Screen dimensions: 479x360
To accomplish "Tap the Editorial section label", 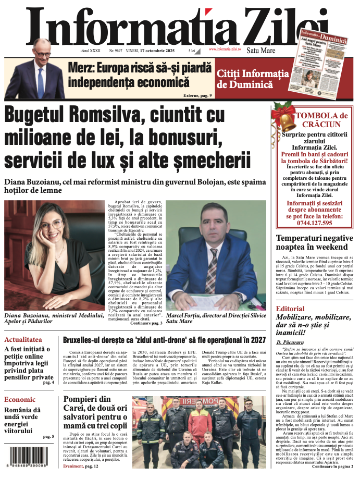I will point(290,309).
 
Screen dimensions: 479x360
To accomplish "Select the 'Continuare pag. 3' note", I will point(146,323).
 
